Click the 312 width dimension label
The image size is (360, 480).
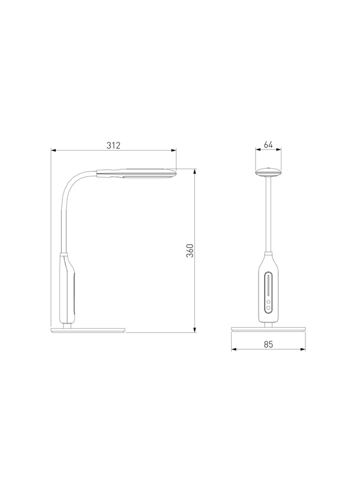(x=113, y=145)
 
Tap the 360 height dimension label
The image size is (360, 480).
(x=190, y=250)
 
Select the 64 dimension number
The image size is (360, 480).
(x=268, y=145)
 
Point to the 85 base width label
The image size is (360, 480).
(x=268, y=344)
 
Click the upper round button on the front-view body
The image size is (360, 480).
(x=268, y=302)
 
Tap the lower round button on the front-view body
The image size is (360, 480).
(x=268, y=308)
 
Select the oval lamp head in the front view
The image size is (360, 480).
(x=268, y=172)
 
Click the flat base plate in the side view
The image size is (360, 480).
(x=88, y=330)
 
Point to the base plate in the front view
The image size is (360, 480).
(x=268, y=329)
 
